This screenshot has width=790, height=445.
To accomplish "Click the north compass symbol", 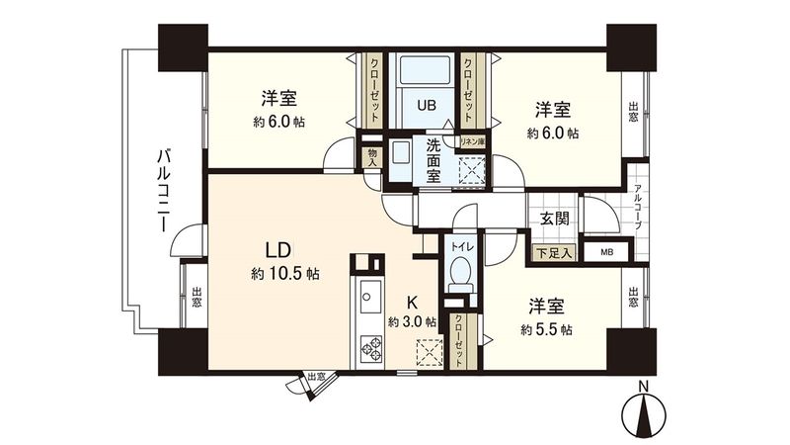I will [x=643, y=414].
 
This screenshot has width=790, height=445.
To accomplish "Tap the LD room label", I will [x=276, y=248].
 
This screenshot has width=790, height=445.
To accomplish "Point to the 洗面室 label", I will [x=439, y=159].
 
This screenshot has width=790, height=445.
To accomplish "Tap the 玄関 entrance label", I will [x=554, y=220].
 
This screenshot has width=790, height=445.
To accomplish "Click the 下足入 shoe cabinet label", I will [x=555, y=253].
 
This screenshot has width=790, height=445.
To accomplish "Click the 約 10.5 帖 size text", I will [x=283, y=274].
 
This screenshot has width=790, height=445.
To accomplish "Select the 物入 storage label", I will [x=371, y=156].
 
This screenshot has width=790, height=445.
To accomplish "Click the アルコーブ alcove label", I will [x=638, y=208].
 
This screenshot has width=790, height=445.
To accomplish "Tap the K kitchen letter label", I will [x=416, y=305].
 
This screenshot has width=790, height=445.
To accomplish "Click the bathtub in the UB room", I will [x=425, y=70].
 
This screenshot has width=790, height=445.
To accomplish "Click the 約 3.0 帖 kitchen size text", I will [x=412, y=322].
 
